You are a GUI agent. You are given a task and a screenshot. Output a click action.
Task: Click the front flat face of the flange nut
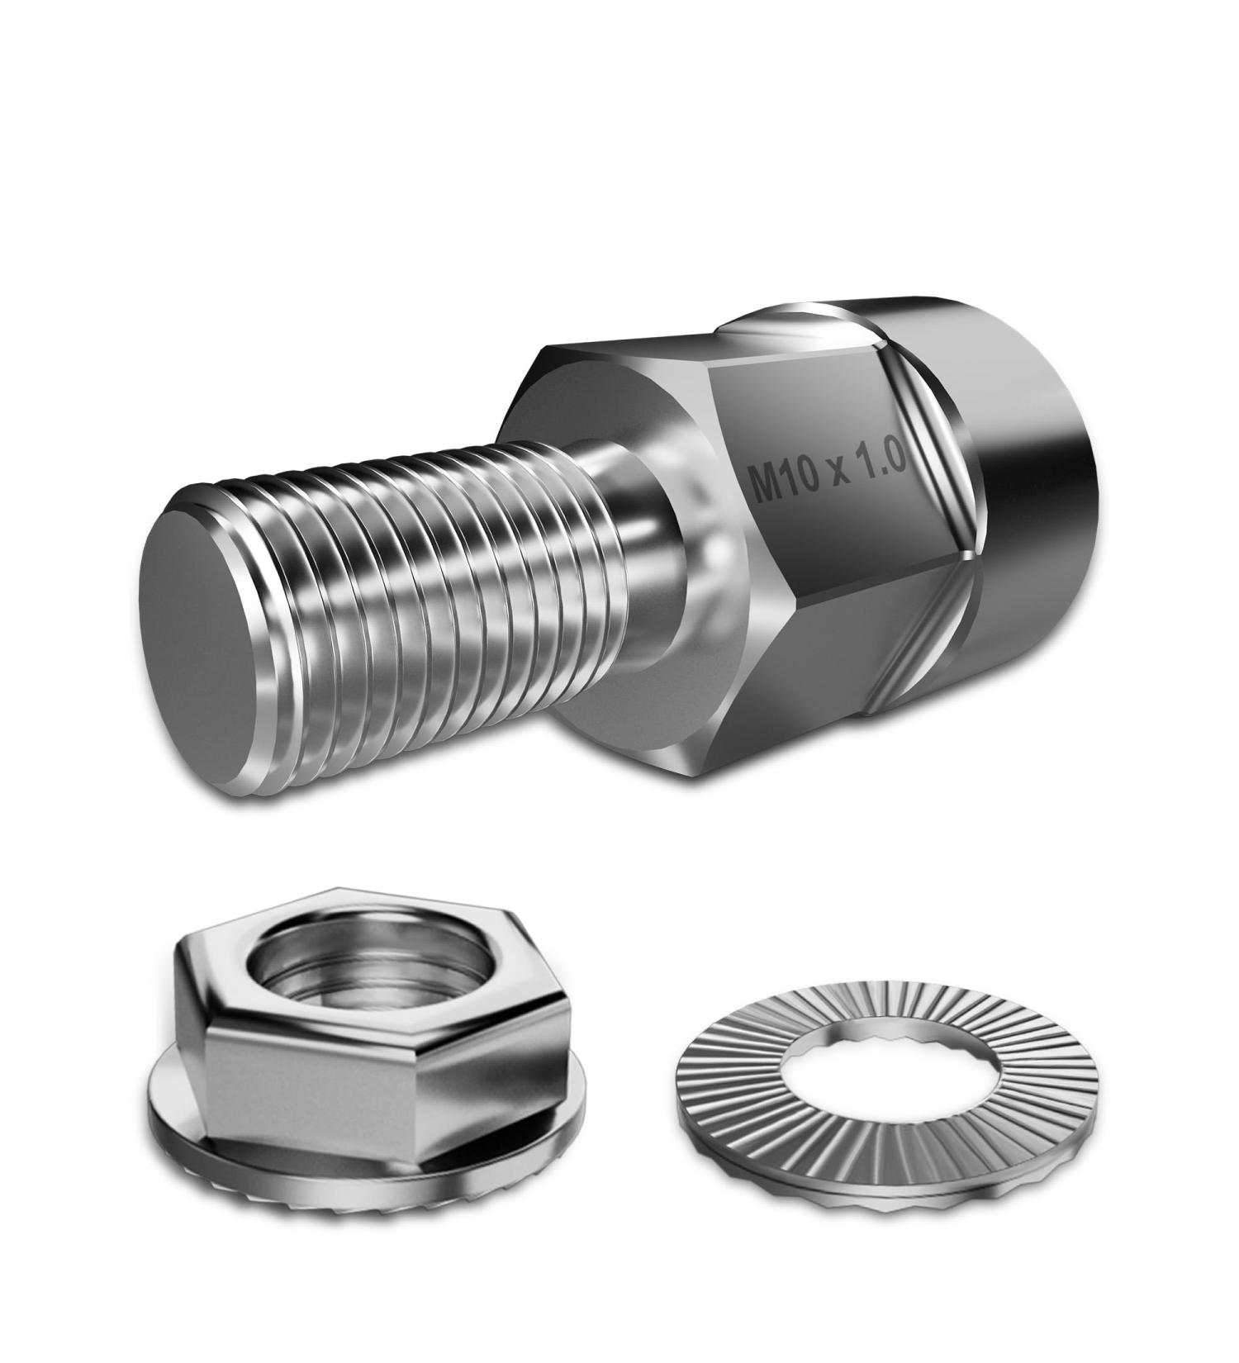click(314, 1099)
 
